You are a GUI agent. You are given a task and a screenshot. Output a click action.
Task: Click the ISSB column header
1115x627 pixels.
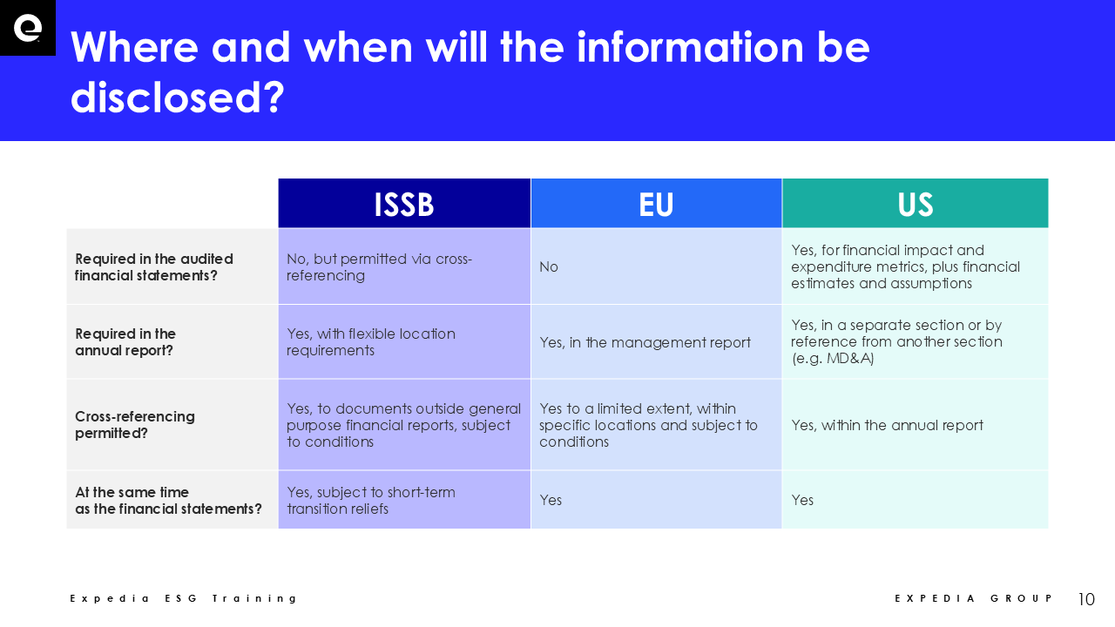click(404, 204)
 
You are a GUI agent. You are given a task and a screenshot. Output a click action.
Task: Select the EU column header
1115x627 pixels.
click(656, 204)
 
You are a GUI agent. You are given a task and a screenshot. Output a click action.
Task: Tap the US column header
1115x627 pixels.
click(916, 204)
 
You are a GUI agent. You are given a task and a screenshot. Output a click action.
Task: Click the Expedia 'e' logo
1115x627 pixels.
click(27, 28)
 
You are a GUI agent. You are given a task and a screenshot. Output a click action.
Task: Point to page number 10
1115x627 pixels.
click(1086, 598)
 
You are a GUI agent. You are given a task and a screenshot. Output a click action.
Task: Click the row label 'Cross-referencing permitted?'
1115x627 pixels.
click(135, 424)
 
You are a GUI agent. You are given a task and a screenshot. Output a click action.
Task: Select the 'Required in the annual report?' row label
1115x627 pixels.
click(125, 342)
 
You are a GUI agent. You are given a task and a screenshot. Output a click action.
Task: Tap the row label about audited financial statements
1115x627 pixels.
click(154, 266)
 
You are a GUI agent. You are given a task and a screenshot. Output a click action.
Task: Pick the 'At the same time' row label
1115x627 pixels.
click(168, 500)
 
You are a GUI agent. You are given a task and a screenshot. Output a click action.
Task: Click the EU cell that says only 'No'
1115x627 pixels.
click(549, 266)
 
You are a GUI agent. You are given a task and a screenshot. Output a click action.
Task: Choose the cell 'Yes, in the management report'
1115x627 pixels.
click(645, 342)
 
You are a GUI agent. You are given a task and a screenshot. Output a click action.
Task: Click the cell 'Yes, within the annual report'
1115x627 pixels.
click(887, 425)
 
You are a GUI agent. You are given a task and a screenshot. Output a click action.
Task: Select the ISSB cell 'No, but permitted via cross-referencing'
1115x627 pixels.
click(379, 266)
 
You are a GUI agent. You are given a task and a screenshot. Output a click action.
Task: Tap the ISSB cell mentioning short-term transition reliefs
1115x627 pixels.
click(371, 500)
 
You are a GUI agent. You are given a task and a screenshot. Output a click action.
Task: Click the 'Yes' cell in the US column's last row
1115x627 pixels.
click(802, 500)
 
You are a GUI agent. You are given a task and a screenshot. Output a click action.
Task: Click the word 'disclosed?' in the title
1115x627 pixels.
click(178, 97)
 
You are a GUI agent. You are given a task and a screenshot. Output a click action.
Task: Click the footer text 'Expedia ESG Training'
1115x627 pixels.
click(183, 598)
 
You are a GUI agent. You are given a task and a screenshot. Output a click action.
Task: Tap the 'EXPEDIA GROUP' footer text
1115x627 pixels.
click(974, 598)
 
